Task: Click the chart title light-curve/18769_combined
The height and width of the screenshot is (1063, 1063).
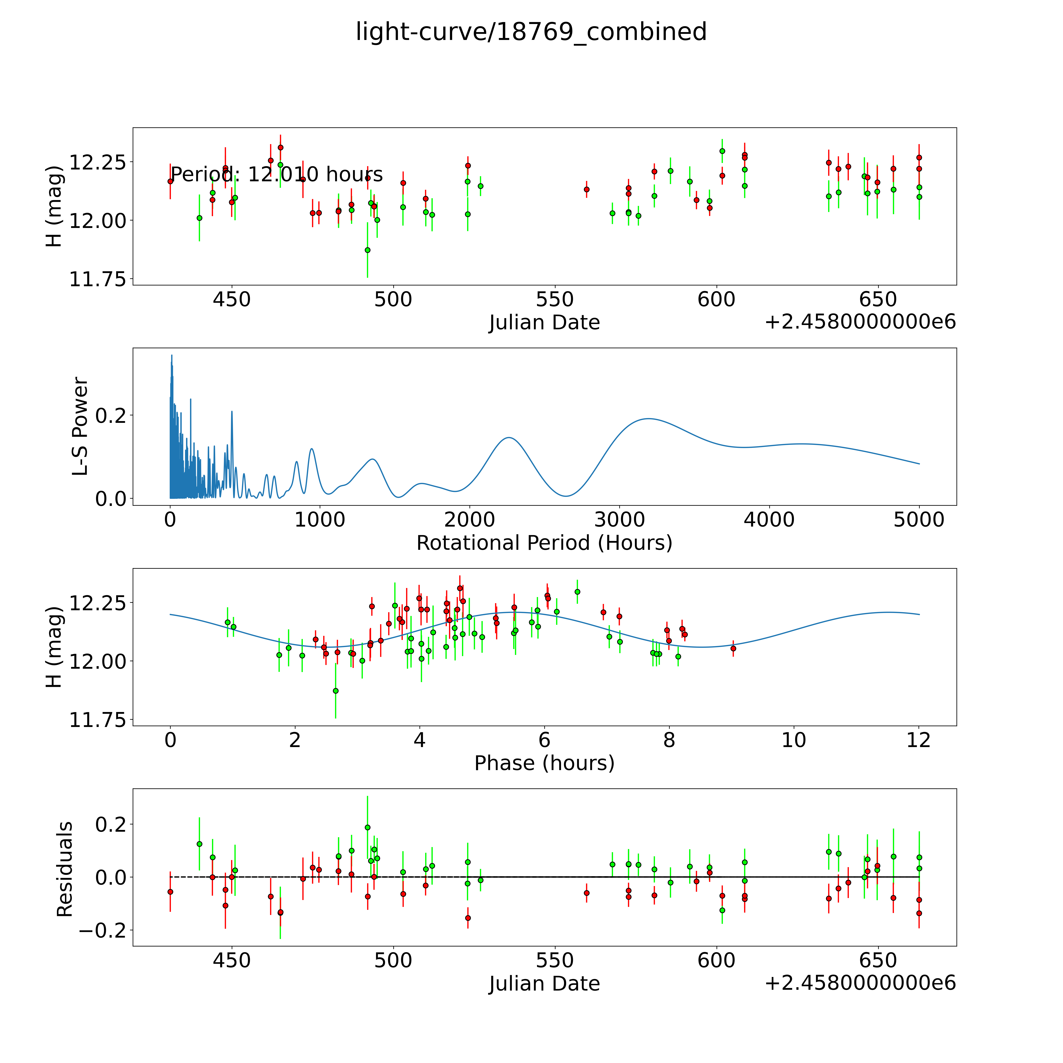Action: (531, 32)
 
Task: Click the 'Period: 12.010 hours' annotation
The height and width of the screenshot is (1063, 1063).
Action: (277, 174)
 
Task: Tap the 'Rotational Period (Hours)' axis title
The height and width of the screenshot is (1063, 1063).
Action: (544, 543)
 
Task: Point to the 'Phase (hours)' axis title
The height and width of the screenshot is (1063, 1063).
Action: (544, 763)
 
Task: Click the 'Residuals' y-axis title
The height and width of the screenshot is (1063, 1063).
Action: (65, 869)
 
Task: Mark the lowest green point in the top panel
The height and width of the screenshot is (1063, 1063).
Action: (368, 250)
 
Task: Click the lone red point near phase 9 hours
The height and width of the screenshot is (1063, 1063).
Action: (733, 648)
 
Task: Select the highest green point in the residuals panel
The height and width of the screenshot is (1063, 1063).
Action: (368, 827)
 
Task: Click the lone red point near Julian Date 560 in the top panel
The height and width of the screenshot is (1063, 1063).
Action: (587, 189)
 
